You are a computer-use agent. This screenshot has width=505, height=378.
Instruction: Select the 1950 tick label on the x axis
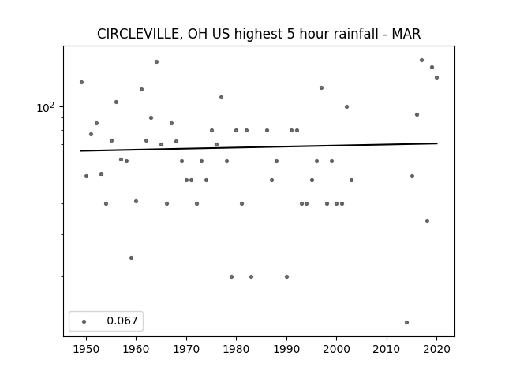(x=86, y=349)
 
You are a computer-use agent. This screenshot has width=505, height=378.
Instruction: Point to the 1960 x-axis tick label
(x=136, y=349)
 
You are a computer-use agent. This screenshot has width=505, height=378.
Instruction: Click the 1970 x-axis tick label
(x=186, y=349)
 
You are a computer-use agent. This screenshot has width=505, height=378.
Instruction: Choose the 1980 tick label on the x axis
(x=236, y=349)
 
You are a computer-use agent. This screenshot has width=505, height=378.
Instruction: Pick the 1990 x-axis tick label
(x=286, y=349)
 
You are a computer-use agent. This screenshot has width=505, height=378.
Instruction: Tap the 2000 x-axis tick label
(x=336, y=349)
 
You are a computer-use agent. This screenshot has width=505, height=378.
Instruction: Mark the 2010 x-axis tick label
(x=387, y=349)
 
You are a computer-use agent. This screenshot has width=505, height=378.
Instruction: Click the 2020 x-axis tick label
(x=436, y=349)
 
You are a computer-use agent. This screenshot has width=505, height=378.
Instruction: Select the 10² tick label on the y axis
(x=46, y=108)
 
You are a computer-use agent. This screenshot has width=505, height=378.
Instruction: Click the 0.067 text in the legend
(x=122, y=321)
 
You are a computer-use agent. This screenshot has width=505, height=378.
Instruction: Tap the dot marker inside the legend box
(x=84, y=321)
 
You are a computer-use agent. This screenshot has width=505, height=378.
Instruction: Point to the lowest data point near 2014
(x=406, y=322)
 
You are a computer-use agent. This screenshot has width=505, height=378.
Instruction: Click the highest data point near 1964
(x=156, y=61)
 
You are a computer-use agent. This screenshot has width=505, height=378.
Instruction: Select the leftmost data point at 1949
(x=81, y=82)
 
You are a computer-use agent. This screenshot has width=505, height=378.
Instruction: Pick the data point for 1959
(x=131, y=258)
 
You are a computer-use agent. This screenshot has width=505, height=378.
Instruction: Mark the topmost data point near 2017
(x=421, y=60)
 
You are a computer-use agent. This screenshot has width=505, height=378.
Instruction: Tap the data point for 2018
(x=427, y=220)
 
